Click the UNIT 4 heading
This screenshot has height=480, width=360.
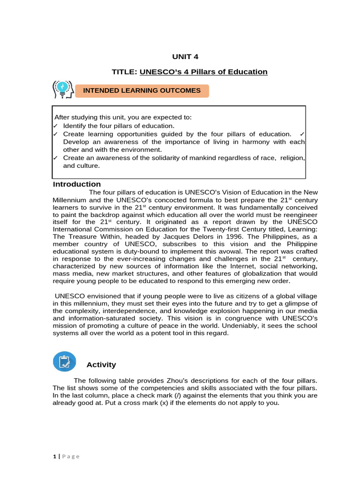(186, 57)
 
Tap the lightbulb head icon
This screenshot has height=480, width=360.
(62, 89)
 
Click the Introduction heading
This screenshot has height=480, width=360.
(76, 184)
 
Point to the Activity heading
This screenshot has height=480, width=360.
(101, 365)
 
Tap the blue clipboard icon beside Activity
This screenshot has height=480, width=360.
(65, 362)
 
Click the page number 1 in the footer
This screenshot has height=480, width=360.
(54, 456)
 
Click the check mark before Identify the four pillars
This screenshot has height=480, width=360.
(56, 126)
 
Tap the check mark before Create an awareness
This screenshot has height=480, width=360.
(56, 158)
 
